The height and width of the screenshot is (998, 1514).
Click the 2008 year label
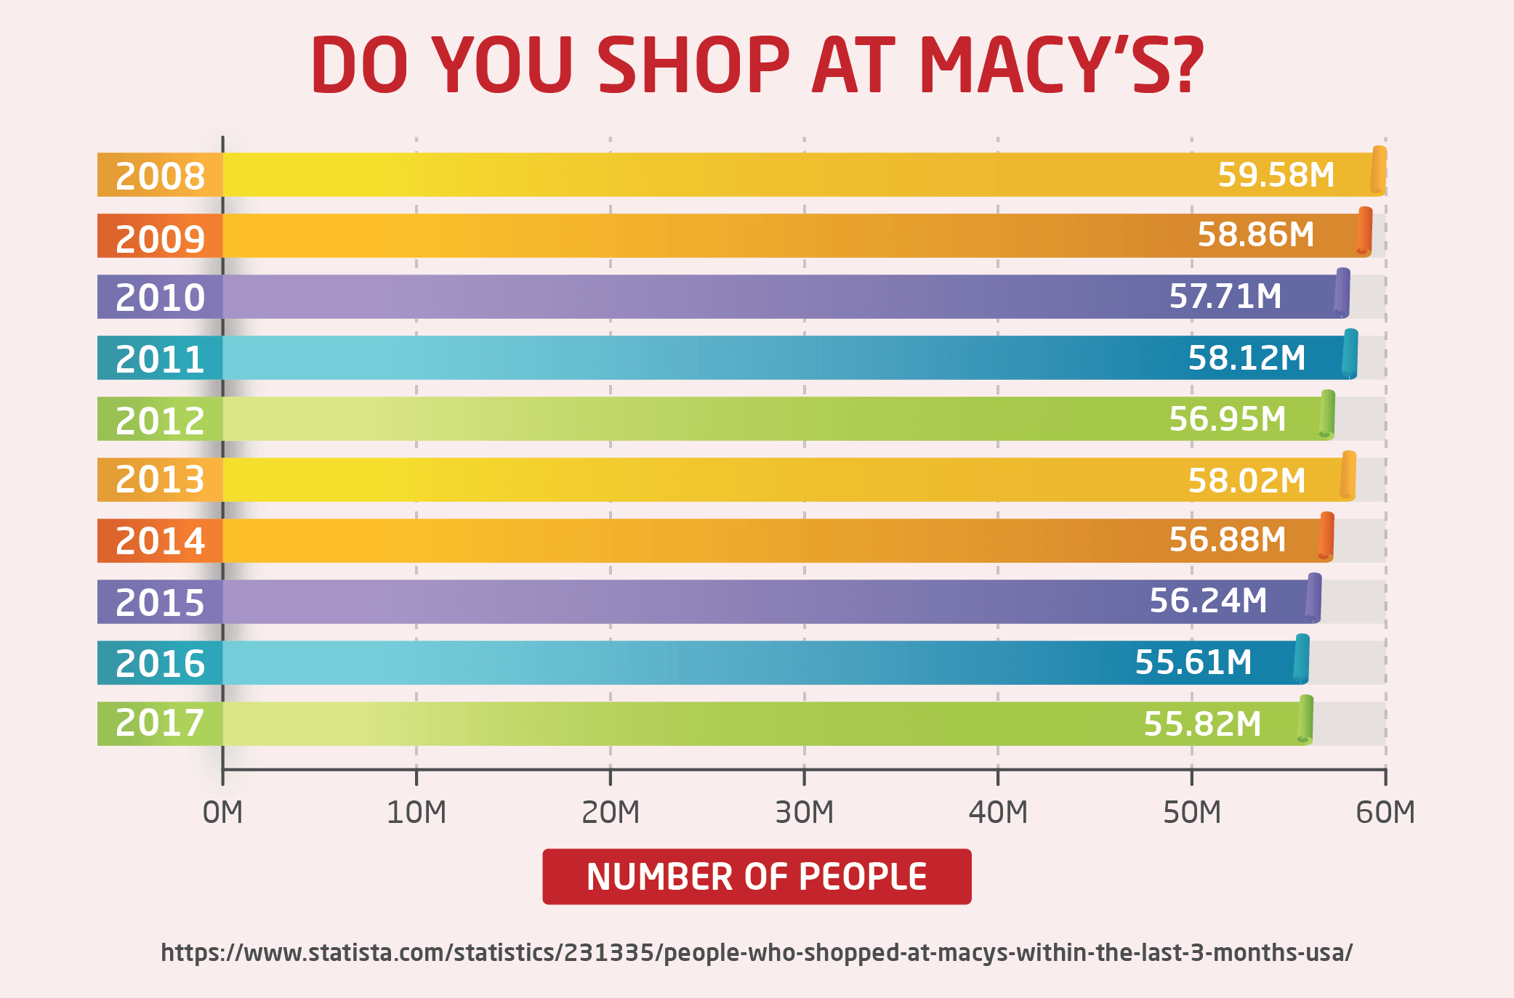160,177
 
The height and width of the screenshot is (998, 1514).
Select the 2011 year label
160,360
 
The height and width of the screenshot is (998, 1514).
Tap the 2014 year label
160,541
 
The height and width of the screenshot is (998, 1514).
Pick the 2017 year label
160,723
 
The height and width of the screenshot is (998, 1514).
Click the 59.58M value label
1276,175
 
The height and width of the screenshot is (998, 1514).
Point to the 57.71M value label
1225,296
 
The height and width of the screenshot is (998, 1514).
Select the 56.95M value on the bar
1227,419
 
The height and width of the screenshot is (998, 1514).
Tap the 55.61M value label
1193,662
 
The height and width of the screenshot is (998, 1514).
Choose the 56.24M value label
1207,601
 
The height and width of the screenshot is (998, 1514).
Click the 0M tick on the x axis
222,812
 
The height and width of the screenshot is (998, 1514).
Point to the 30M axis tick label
804,812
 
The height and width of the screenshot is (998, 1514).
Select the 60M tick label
1385,812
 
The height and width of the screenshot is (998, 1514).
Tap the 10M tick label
416,812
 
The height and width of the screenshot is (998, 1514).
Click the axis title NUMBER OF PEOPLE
756,877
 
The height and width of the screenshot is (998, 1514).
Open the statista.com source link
756,952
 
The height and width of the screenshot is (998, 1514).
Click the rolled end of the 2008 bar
1378,171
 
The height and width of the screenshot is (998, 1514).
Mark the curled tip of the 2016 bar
1301,659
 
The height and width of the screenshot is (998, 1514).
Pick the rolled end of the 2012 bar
1326,415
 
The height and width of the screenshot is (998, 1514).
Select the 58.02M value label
1246,481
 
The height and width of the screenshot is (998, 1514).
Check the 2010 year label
160,298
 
